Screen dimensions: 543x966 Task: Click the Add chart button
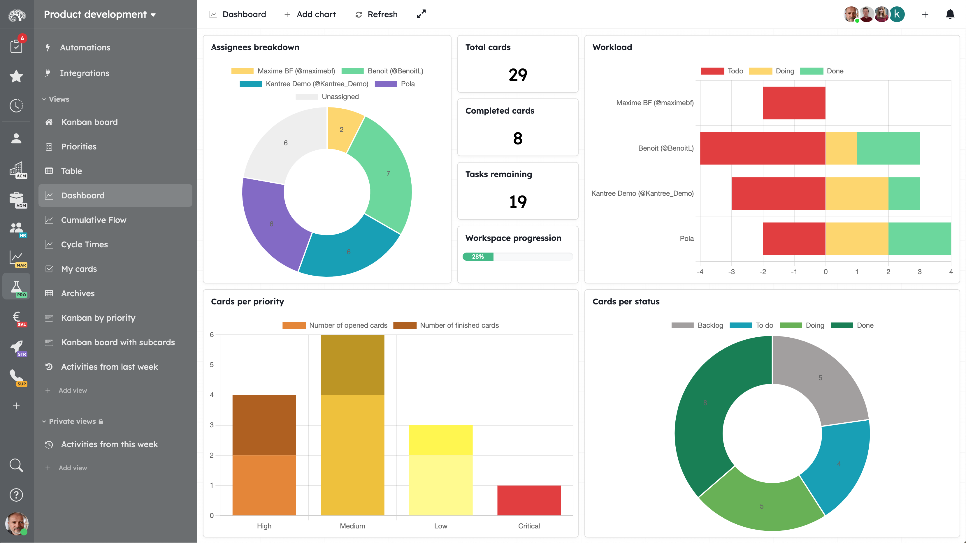click(310, 14)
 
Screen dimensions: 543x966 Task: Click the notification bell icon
click(950, 14)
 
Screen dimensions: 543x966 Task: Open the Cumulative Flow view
click(93, 220)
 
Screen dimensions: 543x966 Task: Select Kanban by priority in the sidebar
click(98, 318)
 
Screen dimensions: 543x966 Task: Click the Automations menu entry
click(85, 47)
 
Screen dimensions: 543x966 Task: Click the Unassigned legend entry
click(340, 97)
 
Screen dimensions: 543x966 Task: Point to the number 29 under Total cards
click(517, 75)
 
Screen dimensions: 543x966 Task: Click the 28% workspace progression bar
click(517, 257)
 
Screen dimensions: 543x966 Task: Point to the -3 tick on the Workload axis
click(731, 272)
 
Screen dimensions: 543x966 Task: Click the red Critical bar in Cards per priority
click(529, 500)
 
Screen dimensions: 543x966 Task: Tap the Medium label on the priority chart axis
click(352, 526)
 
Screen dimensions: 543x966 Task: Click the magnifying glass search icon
click(16, 465)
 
